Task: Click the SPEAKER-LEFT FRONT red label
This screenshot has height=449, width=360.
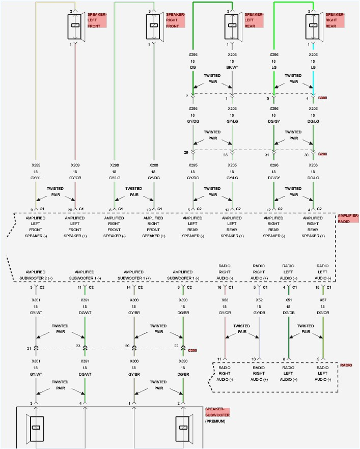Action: click(x=97, y=19)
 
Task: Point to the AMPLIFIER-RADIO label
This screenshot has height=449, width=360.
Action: click(x=348, y=219)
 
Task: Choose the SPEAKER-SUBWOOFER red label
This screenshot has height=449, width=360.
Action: click(x=217, y=413)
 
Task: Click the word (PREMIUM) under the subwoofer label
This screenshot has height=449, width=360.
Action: click(x=216, y=422)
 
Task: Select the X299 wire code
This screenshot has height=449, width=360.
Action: click(x=36, y=165)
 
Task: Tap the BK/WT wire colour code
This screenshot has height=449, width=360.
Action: click(x=232, y=67)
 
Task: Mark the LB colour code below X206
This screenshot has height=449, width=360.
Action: click(x=312, y=67)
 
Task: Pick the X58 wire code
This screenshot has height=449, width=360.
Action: click(x=225, y=301)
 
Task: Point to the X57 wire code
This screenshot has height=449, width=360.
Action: click(x=323, y=301)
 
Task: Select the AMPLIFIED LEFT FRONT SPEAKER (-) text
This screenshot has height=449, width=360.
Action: click(x=36, y=227)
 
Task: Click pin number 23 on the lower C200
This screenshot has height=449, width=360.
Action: click(x=79, y=346)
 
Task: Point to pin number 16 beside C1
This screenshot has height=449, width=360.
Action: click(x=219, y=288)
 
